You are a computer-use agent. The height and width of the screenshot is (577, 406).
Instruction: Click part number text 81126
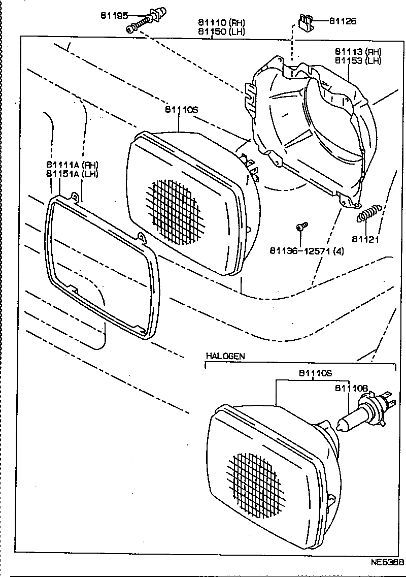click(343, 21)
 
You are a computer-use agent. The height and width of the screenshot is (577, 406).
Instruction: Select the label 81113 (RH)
click(357, 52)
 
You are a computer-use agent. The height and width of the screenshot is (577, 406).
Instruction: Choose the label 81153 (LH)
click(357, 61)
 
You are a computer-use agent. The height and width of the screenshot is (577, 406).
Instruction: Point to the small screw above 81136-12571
click(302, 227)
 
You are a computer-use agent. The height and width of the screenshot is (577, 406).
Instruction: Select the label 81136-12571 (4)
click(306, 251)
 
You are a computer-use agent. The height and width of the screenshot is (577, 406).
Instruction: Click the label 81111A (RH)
click(72, 164)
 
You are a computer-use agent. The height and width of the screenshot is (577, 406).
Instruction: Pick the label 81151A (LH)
click(72, 173)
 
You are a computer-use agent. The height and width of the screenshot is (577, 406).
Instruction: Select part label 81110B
click(351, 388)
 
